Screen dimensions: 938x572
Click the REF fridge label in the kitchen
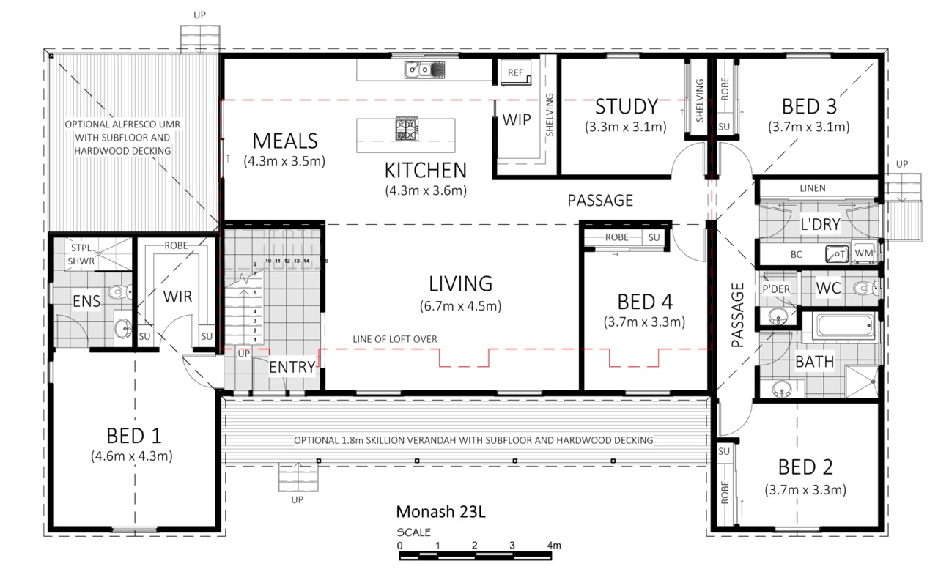[x=515, y=73]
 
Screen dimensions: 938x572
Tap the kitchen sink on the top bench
[x=424, y=70]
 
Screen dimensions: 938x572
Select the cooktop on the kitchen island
[x=406, y=129]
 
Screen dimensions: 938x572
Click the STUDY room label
[x=627, y=106]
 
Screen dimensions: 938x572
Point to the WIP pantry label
[x=517, y=120]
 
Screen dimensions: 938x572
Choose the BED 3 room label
[x=809, y=106]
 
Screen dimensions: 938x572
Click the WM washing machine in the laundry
[x=863, y=253]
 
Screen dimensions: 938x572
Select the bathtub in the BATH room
[x=843, y=325]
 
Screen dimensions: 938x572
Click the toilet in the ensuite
[x=119, y=291]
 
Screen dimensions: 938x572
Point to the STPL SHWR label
[x=81, y=254]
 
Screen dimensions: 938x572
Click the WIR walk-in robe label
[x=177, y=297]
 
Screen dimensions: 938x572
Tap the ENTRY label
[x=292, y=368]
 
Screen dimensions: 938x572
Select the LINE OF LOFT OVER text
[x=395, y=339]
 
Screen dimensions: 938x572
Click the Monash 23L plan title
[x=441, y=512]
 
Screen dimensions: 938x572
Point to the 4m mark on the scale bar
[x=554, y=545]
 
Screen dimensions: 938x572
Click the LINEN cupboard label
[x=813, y=188]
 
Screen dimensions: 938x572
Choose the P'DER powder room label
[x=776, y=289]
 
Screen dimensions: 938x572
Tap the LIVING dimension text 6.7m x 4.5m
[x=461, y=306]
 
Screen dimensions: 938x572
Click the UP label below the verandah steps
[x=297, y=499]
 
